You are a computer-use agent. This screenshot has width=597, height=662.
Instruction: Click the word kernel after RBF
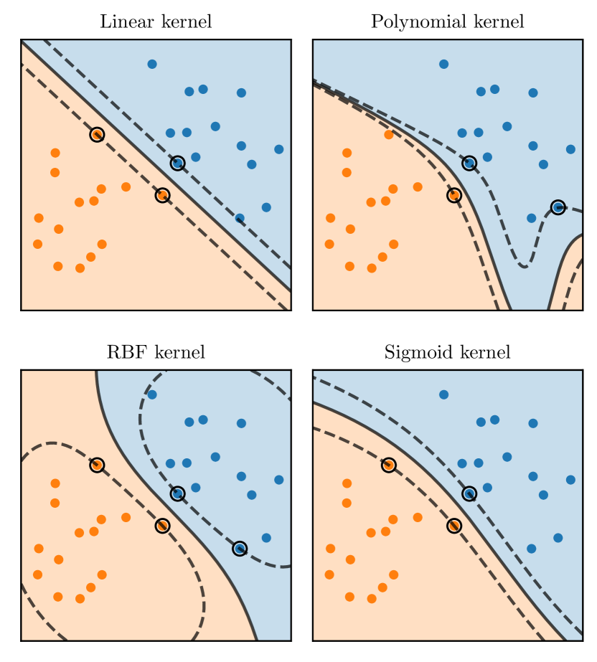tap(179, 352)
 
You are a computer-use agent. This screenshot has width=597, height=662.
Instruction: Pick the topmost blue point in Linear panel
tap(152, 64)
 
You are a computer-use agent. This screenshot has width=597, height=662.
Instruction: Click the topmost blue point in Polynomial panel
tap(443, 64)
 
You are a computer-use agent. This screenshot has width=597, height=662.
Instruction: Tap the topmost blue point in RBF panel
tap(152, 394)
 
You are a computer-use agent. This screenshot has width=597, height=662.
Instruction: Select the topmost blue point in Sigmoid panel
tap(443, 394)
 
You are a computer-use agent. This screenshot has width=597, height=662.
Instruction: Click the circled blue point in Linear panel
tap(178, 163)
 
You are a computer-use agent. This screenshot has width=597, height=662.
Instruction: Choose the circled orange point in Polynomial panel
tap(453, 194)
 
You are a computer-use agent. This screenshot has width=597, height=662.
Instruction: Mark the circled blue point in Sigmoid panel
tap(469, 493)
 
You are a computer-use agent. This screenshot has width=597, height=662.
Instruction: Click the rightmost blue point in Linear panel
tap(279, 149)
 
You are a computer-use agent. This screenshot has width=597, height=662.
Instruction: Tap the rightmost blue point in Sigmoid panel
tap(570, 480)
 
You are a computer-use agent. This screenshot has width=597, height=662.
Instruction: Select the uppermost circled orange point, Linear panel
tap(97, 134)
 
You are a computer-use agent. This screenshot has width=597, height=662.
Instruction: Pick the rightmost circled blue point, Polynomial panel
tap(558, 207)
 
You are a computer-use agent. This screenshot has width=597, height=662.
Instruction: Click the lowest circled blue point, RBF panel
tap(240, 549)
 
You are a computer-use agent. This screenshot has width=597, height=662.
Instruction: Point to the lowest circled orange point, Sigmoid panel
tap(453, 525)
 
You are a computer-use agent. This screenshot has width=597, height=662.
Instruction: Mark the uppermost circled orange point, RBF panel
tap(97, 465)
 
